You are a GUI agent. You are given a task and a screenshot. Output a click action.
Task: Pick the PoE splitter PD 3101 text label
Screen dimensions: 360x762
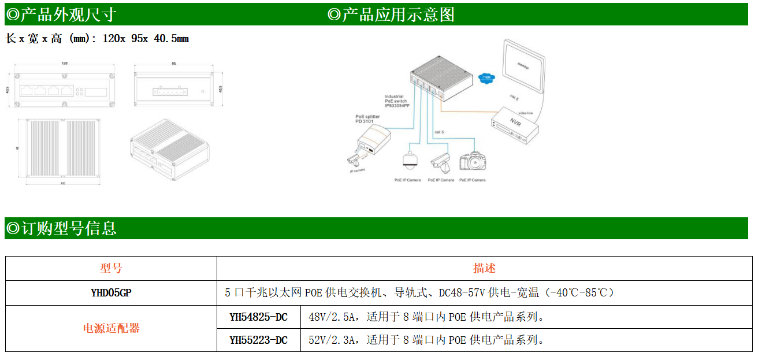coord(367,119)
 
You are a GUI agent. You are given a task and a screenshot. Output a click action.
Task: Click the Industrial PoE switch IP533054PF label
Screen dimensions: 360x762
coord(397,102)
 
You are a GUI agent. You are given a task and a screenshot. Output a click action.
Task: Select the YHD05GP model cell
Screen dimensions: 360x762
coord(111,292)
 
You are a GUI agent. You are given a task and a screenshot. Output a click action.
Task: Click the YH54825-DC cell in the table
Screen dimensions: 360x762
coord(258,317)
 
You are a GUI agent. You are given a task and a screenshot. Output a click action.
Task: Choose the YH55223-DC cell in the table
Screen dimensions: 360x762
coord(258,340)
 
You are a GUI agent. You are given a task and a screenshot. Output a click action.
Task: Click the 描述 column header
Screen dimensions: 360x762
coord(484,268)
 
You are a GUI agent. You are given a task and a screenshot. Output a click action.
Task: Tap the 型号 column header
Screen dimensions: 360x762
coord(111,268)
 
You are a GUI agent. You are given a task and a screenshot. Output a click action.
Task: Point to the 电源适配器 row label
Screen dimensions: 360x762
coord(111,328)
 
